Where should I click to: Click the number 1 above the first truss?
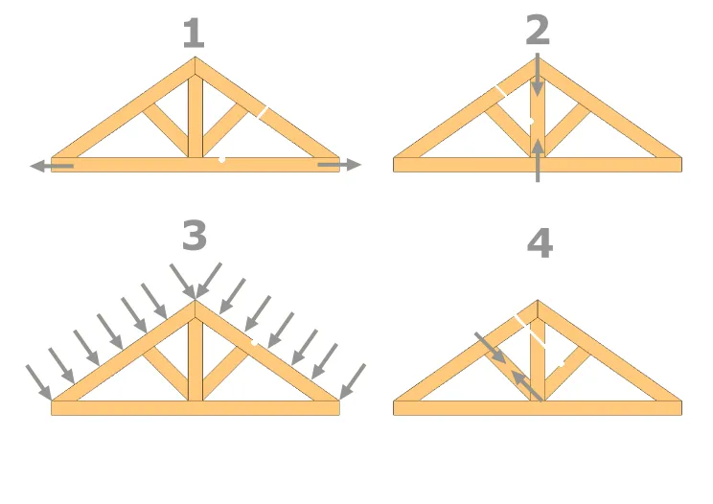pos(195,34)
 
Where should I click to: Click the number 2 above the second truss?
pos(538,30)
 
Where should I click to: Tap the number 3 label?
pos(195,235)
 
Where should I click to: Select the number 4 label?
pos(540,243)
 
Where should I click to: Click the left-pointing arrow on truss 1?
pos(52,166)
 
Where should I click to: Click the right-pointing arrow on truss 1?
pos(339,165)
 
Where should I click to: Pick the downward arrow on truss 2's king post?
pos(538,75)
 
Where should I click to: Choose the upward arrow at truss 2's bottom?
pos(538,160)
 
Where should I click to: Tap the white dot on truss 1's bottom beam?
pos(222,159)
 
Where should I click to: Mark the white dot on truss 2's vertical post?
pos(531,122)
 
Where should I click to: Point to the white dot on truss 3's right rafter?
pos(254,343)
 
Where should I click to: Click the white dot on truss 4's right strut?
pos(562,363)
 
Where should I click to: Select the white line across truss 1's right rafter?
pos(263,112)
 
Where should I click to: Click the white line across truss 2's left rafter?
pos(501,90)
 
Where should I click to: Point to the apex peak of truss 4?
pos(538,301)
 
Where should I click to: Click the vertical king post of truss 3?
pos(195,359)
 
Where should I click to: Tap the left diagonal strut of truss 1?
pos(166,130)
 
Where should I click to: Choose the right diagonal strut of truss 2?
pos(567,130)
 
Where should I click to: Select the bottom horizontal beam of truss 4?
pos(538,407)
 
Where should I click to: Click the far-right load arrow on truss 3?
pos(353,381)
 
